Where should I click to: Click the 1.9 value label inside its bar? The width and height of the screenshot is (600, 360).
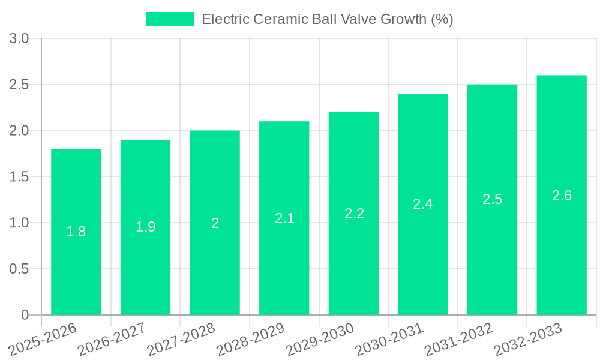click(x=145, y=227)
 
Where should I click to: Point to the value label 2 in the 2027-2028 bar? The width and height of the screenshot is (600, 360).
click(x=215, y=223)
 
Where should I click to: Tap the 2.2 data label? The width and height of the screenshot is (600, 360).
click(x=354, y=214)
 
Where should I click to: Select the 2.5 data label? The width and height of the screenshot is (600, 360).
click(x=492, y=199)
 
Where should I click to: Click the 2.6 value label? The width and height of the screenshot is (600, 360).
click(x=562, y=196)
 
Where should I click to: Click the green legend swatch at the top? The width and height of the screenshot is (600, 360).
click(x=170, y=19)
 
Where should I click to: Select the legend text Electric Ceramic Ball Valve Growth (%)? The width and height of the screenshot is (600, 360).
click(x=327, y=19)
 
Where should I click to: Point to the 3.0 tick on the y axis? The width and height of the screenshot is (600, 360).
click(x=19, y=39)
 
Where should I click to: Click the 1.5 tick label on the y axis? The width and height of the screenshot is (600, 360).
click(x=19, y=177)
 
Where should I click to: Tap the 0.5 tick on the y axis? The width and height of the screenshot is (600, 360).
click(x=19, y=269)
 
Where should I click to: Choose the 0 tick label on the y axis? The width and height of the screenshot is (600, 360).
click(x=25, y=315)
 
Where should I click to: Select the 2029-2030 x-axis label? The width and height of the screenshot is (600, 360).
click(x=320, y=339)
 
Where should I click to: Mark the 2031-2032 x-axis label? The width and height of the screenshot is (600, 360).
click(x=459, y=339)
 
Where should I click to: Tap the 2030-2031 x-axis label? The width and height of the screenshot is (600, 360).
click(x=389, y=339)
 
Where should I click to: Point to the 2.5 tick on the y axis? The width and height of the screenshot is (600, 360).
click(x=19, y=85)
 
